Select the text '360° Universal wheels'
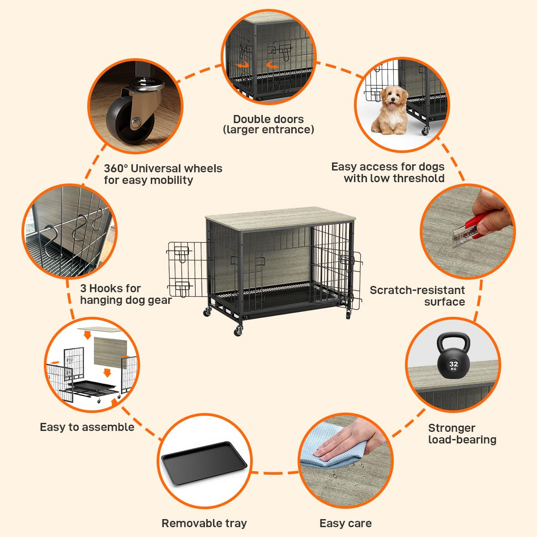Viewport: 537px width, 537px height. (163, 169)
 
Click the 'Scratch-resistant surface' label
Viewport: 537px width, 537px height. (417, 296)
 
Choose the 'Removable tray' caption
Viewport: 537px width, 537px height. (204, 523)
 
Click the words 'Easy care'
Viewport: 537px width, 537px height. (345, 523)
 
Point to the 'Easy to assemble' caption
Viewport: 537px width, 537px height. (87, 427)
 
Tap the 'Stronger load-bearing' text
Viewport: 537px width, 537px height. (462, 434)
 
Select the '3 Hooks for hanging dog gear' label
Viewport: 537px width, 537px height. (125, 294)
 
